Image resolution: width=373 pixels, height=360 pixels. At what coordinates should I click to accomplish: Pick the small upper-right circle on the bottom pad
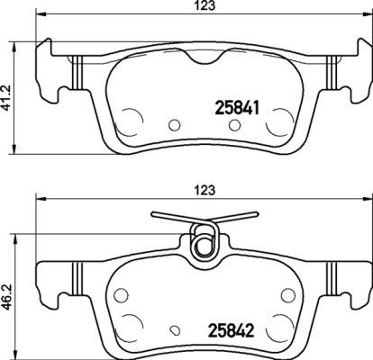287,297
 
